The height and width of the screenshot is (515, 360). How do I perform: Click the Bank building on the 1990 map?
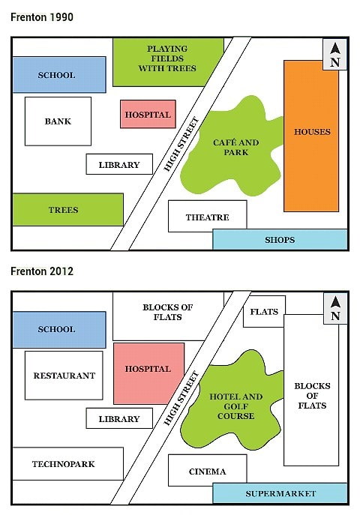click(x=58, y=121)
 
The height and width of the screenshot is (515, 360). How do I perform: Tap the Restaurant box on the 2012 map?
click(x=64, y=375)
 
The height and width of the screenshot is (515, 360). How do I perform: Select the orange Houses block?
click(x=311, y=135)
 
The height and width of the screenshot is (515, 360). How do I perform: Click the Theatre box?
click(x=207, y=217)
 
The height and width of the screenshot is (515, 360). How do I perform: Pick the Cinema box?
click(x=207, y=471)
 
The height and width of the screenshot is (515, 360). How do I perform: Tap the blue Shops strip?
click(x=280, y=240)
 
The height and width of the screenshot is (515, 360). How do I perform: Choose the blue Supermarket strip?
click(x=280, y=493)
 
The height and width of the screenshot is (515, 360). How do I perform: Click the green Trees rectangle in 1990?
click(x=67, y=210)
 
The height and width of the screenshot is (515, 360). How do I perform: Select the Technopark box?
click(x=67, y=463)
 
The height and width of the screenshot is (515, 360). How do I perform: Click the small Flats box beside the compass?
click(x=264, y=312)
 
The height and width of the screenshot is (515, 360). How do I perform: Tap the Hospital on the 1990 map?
click(x=148, y=115)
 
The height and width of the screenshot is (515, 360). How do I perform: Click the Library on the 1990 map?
click(x=119, y=164)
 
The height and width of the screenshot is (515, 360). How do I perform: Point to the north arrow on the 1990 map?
click(x=334, y=55)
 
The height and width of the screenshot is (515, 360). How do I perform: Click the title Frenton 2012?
click(x=42, y=271)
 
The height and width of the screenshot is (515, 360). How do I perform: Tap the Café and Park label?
click(x=235, y=147)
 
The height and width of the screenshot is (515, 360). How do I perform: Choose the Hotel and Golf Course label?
click(x=236, y=406)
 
